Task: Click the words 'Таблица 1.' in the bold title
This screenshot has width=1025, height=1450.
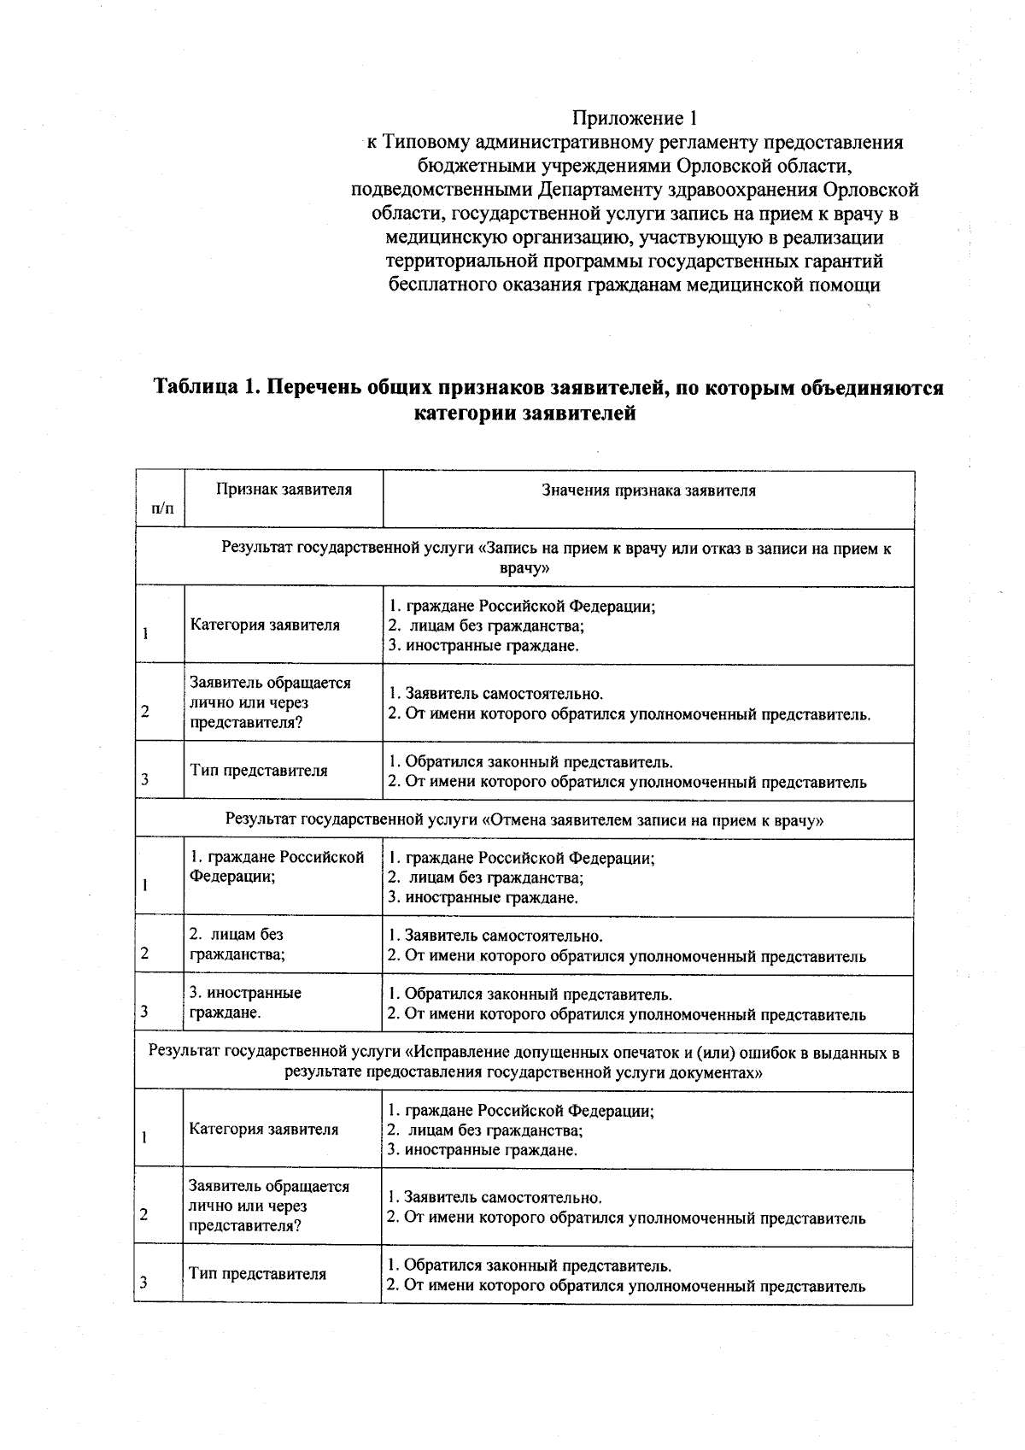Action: click(205, 388)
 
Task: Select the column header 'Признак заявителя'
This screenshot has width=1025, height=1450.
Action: click(284, 490)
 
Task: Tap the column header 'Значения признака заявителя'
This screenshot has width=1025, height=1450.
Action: click(648, 490)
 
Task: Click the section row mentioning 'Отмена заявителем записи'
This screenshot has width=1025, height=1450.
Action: click(524, 819)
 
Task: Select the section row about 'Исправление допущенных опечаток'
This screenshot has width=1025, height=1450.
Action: click(524, 1062)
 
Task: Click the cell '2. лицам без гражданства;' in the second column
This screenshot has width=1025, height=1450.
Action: click(237, 944)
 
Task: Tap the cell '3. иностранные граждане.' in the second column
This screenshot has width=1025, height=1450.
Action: click(245, 1002)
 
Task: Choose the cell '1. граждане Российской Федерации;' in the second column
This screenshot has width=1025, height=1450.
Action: click(277, 866)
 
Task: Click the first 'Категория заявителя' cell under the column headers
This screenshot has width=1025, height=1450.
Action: click(265, 625)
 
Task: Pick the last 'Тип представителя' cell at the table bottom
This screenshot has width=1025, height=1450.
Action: click(257, 1273)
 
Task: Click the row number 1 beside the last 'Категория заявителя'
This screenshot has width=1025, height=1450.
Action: click(145, 1137)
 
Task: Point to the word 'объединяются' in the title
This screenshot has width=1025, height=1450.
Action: click(870, 388)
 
